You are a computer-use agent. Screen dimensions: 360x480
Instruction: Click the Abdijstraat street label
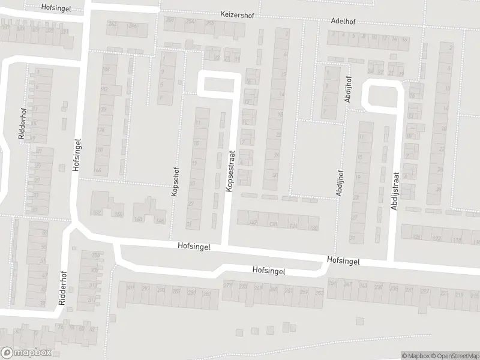[x=394, y=191]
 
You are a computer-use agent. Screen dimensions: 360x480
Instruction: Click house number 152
[x=96, y=213]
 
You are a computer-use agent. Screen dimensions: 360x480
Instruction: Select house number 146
[x=160, y=221]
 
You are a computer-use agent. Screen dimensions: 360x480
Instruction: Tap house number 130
[x=313, y=228]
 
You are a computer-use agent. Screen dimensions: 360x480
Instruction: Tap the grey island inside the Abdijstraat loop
[x=382, y=96]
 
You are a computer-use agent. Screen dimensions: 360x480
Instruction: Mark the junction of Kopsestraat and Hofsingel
[x=226, y=246]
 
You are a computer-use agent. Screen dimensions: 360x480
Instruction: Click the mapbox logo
[x=26, y=353]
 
